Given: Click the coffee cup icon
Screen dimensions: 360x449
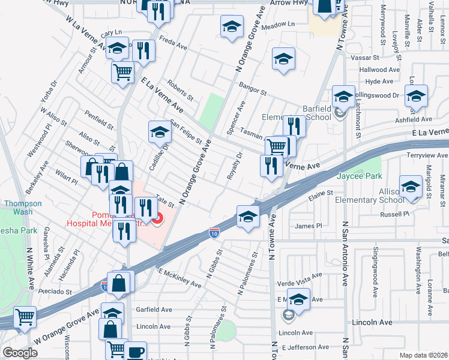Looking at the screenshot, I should tap(135, 351).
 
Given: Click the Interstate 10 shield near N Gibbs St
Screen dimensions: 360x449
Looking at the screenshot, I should tap(214, 232).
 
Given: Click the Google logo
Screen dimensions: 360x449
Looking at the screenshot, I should tap(20, 353).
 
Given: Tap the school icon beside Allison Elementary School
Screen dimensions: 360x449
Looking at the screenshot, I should tap(411, 186).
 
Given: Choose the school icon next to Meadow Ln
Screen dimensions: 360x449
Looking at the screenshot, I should tap(232, 26).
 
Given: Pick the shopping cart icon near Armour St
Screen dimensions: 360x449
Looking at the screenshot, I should tap(122, 72).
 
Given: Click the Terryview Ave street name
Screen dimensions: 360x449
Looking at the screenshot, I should tap(424, 154).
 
